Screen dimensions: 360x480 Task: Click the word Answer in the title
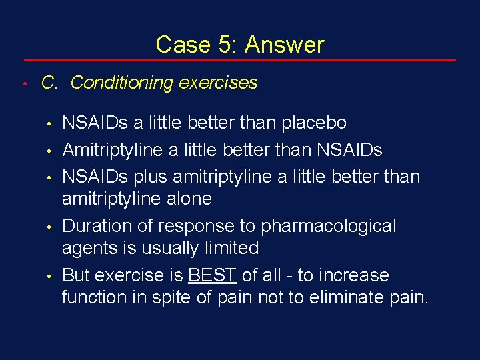pos(285,45)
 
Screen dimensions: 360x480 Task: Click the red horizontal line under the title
pos(240,61)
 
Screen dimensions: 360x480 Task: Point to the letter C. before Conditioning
pos(50,83)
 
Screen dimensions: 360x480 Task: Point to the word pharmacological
pos(328,226)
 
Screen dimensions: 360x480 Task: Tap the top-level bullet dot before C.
pos(23,84)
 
